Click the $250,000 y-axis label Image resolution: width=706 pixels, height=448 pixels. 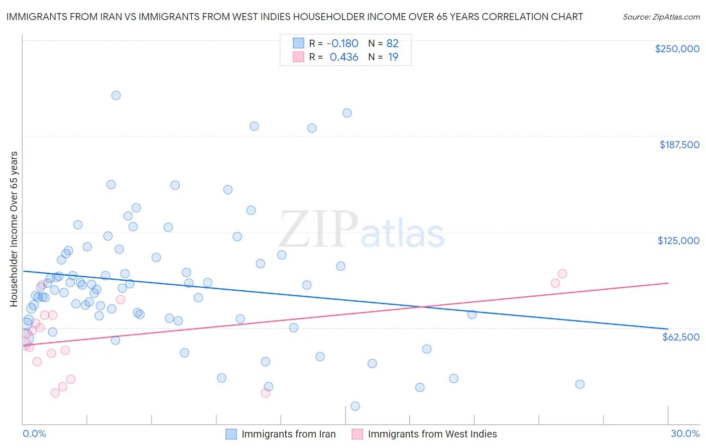[x=677, y=49]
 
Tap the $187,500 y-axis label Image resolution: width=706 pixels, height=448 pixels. [x=679, y=145]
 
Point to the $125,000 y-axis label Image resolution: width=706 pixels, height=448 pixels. [x=678, y=241]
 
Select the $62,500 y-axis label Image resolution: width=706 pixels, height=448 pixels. [x=680, y=337]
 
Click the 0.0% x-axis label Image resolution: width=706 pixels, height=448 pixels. [x=34, y=433]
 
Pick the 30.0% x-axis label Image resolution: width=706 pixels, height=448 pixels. [x=685, y=433]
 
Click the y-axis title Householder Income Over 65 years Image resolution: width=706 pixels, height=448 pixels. [x=14, y=229]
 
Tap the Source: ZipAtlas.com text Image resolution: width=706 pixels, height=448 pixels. [x=661, y=17]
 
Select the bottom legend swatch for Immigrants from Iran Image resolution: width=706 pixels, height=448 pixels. [x=231, y=434]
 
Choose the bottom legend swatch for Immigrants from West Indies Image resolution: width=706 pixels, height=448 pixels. [x=357, y=434]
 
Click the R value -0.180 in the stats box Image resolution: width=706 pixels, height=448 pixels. [x=342, y=43]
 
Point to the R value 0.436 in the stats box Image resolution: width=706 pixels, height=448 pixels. [x=344, y=57]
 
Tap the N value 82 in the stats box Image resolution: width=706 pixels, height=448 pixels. [x=392, y=43]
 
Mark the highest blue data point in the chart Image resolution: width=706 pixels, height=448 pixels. [x=116, y=95]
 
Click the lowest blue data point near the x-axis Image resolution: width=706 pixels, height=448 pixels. [x=355, y=406]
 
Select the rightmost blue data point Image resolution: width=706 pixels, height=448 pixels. [x=579, y=384]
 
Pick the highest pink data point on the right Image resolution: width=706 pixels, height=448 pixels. [x=562, y=274]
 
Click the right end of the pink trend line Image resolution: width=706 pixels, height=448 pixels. [x=668, y=283]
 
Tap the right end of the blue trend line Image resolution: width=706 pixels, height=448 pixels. [x=668, y=329]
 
